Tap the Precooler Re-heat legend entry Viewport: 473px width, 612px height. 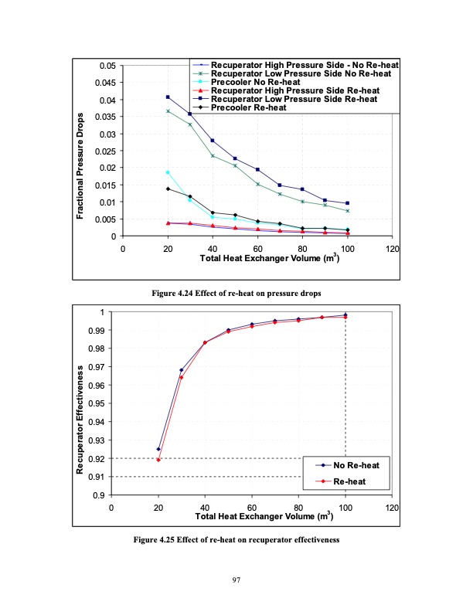(248, 107)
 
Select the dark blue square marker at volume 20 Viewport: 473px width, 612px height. (168, 97)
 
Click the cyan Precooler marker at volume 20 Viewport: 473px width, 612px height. (168, 172)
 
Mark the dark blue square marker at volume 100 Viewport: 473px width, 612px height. (348, 203)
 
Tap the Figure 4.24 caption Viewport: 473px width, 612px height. (237, 294)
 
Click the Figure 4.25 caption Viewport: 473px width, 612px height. (237, 539)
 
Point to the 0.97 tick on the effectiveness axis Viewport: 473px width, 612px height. (97, 367)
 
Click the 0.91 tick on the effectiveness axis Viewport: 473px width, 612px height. (97, 477)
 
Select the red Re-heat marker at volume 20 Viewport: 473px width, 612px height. (158, 460)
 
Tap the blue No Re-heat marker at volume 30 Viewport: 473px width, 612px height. (182, 370)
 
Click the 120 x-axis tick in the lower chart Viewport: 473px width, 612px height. (393, 507)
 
